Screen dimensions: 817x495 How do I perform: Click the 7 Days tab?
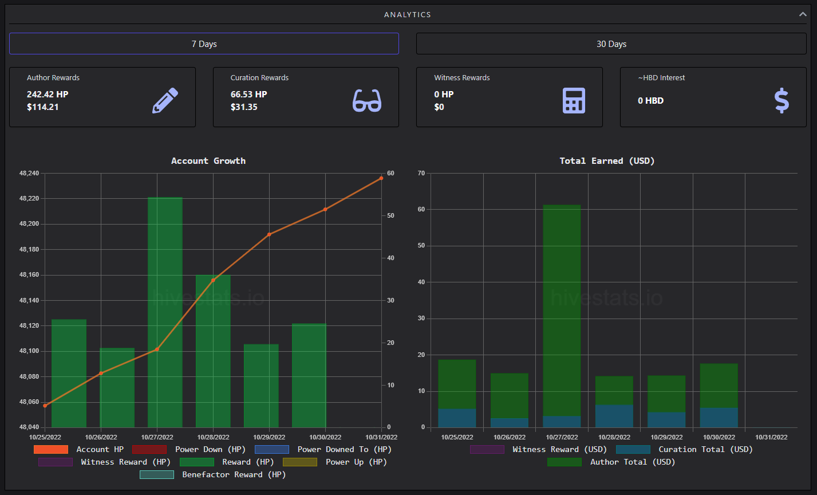coord(204,44)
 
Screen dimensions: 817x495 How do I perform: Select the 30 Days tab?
coord(611,44)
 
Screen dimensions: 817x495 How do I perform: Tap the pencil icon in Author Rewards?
coord(165,100)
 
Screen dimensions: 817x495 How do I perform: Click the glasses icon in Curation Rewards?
coord(367,100)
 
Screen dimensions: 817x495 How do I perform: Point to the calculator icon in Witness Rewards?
coord(574,100)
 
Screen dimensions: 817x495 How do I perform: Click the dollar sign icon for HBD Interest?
coord(782,100)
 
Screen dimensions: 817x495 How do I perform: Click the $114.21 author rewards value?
coord(43,107)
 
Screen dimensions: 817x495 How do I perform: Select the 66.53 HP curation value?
coord(248,95)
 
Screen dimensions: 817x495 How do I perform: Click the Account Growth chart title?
coord(208,161)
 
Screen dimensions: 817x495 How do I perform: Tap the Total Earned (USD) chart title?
coord(607,161)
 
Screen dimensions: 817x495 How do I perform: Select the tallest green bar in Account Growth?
coord(165,312)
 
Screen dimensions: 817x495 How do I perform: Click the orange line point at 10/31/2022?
coord(381,178)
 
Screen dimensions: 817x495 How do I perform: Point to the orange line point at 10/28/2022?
coord(214,280)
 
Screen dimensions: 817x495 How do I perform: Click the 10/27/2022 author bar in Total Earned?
coord(562,311)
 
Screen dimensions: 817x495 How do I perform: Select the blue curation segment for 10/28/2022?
coord(614,416)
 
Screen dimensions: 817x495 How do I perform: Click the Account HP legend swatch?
coord(51,449)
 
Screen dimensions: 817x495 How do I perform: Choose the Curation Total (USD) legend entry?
coord(684,449)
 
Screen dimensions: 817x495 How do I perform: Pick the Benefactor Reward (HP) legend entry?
coord(212,474)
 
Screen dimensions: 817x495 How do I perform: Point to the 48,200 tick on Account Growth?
coord(29,224)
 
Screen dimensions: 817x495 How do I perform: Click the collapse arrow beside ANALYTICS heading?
coord(803,14)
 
